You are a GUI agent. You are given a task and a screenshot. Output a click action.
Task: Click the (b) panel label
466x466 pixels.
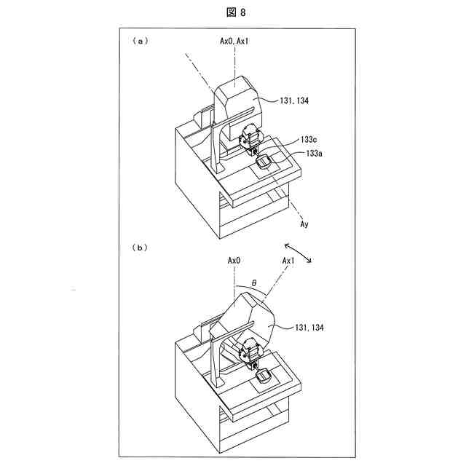click(139, 248)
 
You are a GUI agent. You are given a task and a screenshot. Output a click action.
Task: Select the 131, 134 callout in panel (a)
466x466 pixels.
click(293, 101)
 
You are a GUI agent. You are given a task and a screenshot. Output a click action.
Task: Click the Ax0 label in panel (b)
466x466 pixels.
click(234, 260)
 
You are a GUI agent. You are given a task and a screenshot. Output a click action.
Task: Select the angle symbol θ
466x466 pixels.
click(254, 282)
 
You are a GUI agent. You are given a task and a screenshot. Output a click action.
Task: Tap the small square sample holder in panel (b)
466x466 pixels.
click(265, 376)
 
